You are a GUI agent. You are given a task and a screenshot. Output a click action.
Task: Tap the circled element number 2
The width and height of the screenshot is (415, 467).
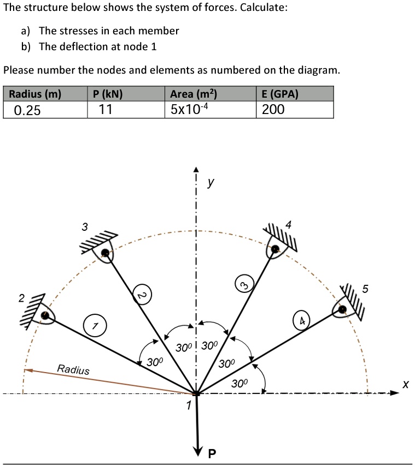[x=142, y=295]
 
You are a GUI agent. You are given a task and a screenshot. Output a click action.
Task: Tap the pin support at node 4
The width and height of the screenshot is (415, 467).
[x=276, y=249]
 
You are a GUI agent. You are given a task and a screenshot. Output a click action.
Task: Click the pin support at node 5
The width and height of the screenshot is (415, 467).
[x=343, y=309]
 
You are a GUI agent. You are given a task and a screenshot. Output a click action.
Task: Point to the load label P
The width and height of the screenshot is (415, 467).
[x=212, y=453]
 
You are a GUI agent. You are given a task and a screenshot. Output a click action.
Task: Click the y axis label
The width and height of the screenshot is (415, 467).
[x=211, y=184]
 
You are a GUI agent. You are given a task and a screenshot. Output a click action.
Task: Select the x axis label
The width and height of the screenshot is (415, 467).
[x=405, y=384]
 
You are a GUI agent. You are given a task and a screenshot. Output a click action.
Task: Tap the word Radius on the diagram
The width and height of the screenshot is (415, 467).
[x=73, y=370]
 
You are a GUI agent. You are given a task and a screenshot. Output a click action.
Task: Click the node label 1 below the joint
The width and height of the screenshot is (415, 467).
[x=188, y=405]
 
